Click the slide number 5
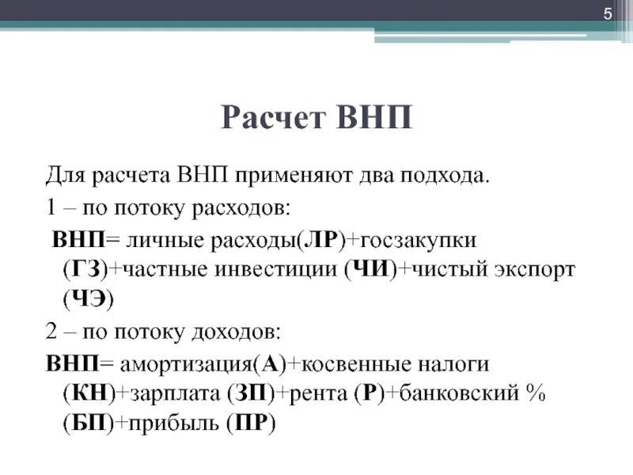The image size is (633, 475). pyautogui.click(x=608, y=14)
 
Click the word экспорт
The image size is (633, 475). pyautogui.click(x=526, y=269)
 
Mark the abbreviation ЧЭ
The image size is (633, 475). pyautogui.click(x=88, y=299)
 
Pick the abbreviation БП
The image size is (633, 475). pyautogui.click(x=85, y=423)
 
